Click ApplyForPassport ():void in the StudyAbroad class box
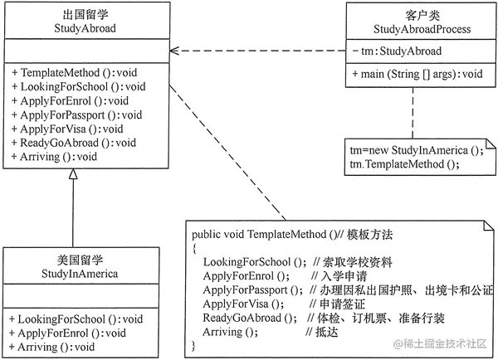point(76,114)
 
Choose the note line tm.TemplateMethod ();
point(401,163)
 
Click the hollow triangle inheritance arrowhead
point(73,173)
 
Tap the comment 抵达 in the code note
point(316,332)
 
